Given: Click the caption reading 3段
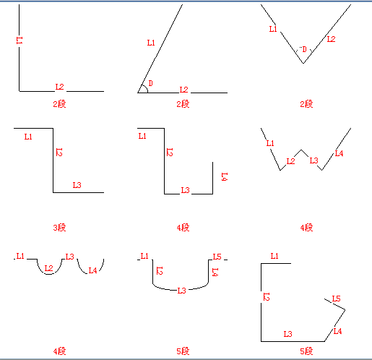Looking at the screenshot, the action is (59, 228).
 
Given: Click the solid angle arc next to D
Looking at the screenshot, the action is (146, 88).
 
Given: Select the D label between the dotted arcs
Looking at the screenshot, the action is (304, 49).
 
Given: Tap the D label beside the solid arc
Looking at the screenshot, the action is (151, 83).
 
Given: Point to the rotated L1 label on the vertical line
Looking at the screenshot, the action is (20, 40).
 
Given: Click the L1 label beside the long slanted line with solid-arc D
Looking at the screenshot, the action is (151, 43).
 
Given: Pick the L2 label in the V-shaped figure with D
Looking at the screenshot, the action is (331, 39).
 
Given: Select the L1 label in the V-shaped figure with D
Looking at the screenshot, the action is (273, 29).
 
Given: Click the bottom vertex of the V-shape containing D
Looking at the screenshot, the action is (303, 63).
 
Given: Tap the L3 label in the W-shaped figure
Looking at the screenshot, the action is (313, 160).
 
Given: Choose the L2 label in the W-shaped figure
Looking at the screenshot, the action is (290, 161).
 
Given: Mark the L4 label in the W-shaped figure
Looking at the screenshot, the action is (339, 153).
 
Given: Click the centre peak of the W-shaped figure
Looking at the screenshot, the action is (301, 150).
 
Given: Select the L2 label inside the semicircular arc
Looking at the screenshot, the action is (48, 268).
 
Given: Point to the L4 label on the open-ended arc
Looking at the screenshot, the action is (92, 270).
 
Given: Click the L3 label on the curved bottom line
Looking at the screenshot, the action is (182, 291).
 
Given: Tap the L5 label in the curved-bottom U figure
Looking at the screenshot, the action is (217, 257).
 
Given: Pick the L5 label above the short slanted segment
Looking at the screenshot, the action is (336, 299).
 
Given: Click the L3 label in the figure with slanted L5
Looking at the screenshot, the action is (287, 334).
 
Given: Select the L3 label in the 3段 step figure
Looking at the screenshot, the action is (77, 185).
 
